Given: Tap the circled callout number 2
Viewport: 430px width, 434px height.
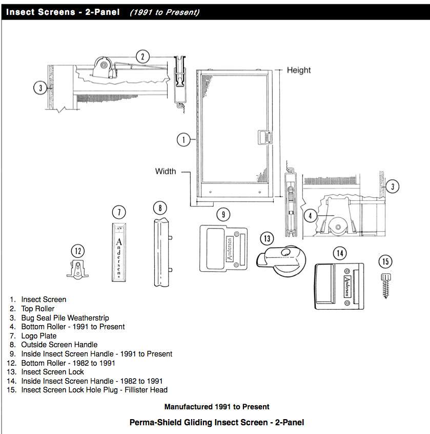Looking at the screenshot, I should (x=143, y=57).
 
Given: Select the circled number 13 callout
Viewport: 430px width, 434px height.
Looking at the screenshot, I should (x=268, y=238).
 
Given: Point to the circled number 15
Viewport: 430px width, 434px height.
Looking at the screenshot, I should (x=385, y=262).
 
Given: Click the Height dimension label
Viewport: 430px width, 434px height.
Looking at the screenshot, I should (x=298, y=70).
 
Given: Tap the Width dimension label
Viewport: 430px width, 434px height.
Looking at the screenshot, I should (x=166, y=171).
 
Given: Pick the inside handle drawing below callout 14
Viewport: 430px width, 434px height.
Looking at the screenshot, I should (x=338, y=287).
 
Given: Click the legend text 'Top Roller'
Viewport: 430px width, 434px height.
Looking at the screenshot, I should (x=37, y=309).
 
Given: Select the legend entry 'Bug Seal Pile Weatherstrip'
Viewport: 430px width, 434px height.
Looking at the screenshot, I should (x=65, y=318).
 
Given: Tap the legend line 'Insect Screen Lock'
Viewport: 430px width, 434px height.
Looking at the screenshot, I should (x=52, y=372).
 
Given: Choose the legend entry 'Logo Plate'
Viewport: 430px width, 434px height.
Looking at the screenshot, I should (x=39, y=336).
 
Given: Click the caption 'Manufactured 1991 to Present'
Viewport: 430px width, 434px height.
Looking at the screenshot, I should (x=217, y=407).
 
